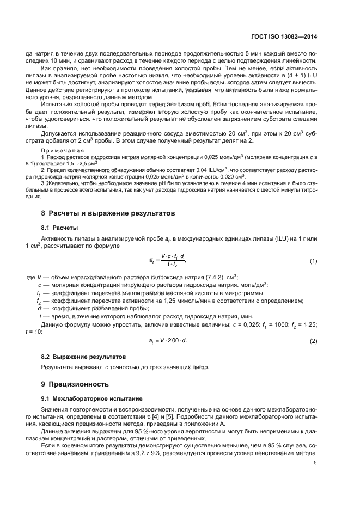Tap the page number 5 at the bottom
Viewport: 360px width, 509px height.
[x=316, y=463]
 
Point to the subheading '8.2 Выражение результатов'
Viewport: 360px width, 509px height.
[x=84, y=356]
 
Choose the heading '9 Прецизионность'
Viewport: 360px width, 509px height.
[x=76, y=384]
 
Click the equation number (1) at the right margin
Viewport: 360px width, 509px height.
[x=313, y=262]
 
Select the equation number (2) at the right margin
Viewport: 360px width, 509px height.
[x=313, y=341]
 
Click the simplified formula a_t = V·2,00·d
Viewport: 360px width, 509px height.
[x=170, y=341]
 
